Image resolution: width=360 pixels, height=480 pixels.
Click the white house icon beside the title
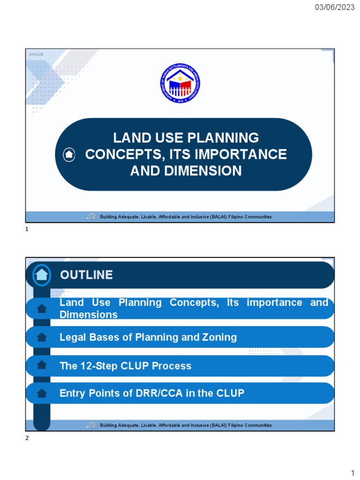point(69,154)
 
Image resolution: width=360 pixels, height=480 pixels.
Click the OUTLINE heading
point(86,275)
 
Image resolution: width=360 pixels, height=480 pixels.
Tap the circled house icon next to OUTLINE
point(42,275)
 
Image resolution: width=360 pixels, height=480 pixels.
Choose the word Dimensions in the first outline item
point(89,315)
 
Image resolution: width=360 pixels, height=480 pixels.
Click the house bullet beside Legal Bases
point(42,337)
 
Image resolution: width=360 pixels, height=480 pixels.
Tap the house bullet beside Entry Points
point(42,393)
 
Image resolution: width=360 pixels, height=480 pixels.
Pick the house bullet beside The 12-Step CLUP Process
point(42,365)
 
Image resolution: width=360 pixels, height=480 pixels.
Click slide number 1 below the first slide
point(27,230)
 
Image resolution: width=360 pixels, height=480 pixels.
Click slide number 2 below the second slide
point(27,438)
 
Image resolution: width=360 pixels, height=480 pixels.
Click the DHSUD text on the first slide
point(36,55)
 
